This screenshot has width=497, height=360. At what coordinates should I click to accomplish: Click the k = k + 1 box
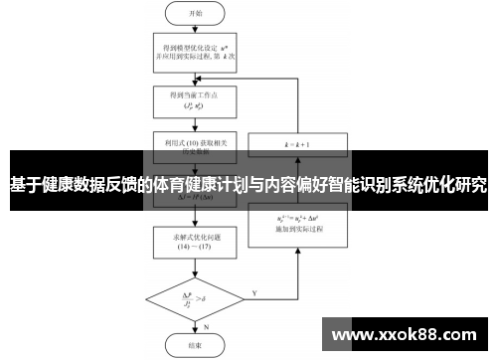pos(296,144)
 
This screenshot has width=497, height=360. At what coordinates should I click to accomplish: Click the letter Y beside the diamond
pos(255,293)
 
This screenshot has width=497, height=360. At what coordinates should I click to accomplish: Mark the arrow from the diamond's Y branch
pos(268,297)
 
